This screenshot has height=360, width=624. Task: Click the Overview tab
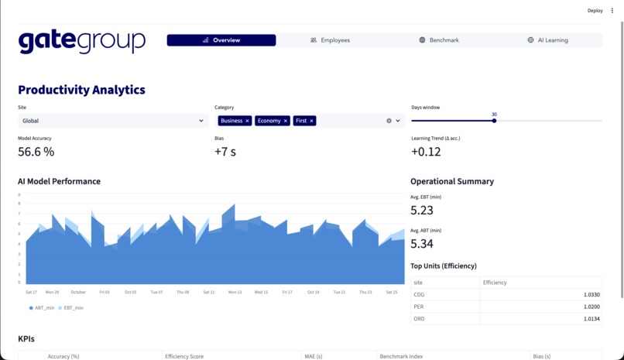pos(221,40)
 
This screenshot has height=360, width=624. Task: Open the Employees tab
pos(330,40)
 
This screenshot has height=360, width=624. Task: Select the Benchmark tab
pos(439,40)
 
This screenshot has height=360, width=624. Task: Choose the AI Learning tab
pos(547,40)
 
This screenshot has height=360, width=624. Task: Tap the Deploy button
pos(595,11)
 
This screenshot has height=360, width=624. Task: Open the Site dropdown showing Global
pos(113,121)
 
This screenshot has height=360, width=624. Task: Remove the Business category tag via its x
pos(248,121)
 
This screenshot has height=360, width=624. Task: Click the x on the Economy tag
pos(286,121)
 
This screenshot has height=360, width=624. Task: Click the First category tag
pos(301,121)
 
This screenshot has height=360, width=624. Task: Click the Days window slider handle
pos(494,121)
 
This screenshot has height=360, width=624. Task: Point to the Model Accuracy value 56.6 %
pos(36,152)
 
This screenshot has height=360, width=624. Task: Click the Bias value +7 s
pos(225,152)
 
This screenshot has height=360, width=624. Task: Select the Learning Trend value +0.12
pos(426,152)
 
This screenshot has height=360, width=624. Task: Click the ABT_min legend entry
pos(43,308)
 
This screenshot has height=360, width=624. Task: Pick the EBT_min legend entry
pos(71,308)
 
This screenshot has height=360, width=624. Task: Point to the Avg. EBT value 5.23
pos(422,210)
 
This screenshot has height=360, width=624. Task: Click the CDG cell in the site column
pos(420,295)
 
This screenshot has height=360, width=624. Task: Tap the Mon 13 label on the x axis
pos(235,293)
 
